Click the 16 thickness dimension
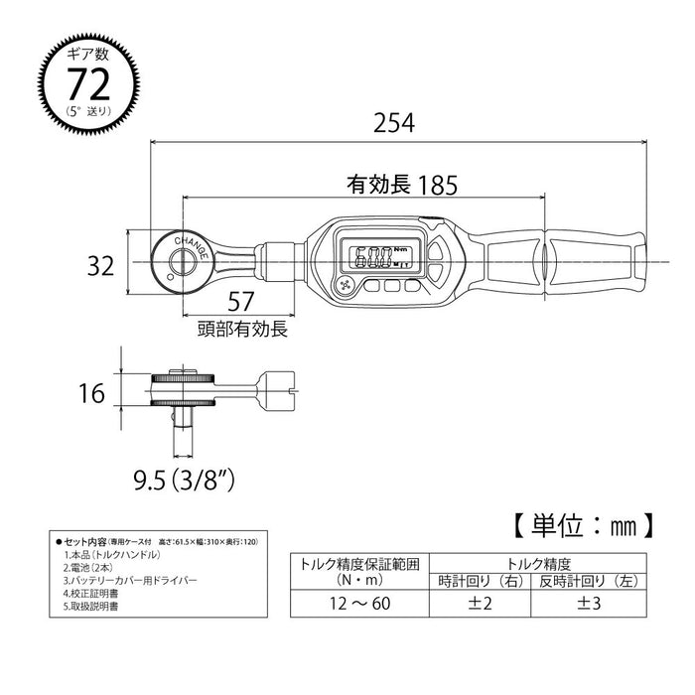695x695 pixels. pyautogui.click(x=91, y=394)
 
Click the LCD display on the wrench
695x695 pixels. pyautogui.click(x=373, y=256)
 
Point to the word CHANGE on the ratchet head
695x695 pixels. pyautogui.click(x=190, y=241)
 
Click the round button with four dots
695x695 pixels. pyautogui.click(x=347, y=286)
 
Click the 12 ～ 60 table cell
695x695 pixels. pyautogui.click(x=354, y=604)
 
